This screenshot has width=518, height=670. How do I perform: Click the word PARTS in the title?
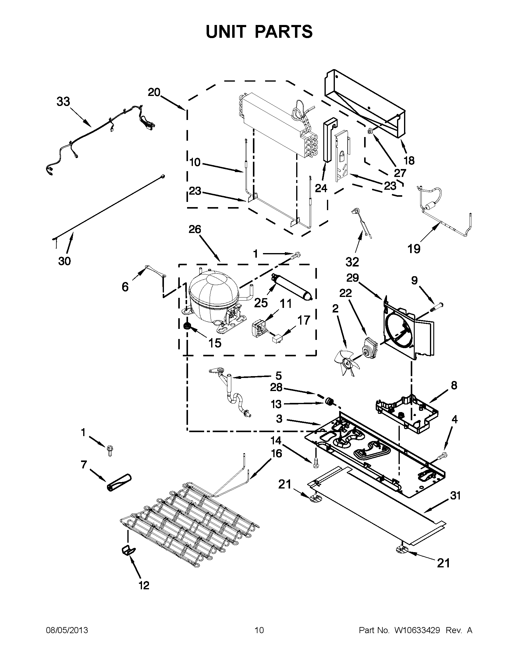click(x=284, y=32)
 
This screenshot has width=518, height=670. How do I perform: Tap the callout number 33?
click(x=63, y=101)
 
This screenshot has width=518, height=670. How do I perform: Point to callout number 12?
click(x=144, y=585)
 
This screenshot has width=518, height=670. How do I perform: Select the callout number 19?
click(x=413, y=249)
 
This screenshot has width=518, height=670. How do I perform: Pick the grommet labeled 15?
click(x=186, y=326)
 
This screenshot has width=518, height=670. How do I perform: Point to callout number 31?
click(x=455, y=495)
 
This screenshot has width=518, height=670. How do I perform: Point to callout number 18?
click(x=409, y=160)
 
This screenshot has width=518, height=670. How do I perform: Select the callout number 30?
click(x=64, y=261)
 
